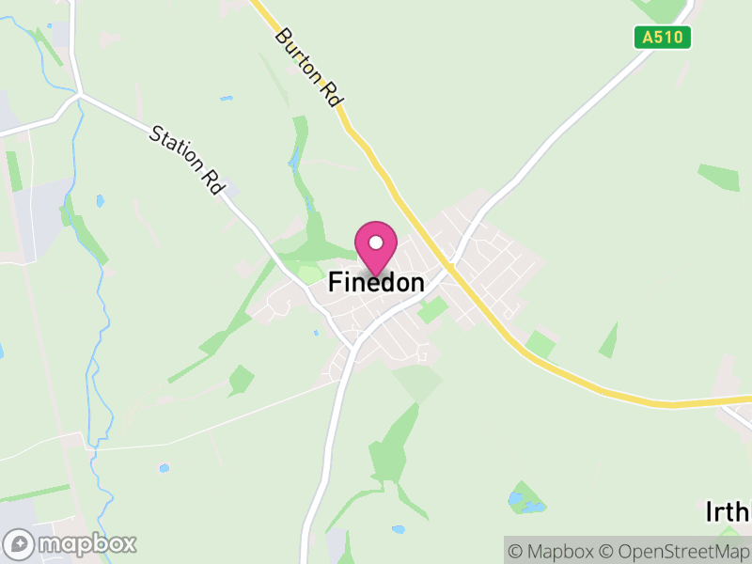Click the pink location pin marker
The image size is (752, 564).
pyautogui.click(x=376, y=247)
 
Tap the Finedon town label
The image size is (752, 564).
pyautogui.click(x=376, y=281)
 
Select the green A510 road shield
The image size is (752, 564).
pyautogui.click(x=662, y=38)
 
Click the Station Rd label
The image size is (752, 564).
pyautogui.click(x=187, y=161)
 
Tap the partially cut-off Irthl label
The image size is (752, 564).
pyautogui.click(x=728, y=512)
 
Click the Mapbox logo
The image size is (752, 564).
pyautogui.click(x=70, y=543)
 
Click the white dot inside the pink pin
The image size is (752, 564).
pyautogui.click(x=376, y=243)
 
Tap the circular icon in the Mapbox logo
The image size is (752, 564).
pyautogui.click(x=19, y=543)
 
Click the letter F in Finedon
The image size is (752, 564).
pyautogui.click(x=335, y=281)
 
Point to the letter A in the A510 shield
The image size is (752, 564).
pyautogui.click(x=648, y=38)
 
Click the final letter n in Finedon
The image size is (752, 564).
pyautogui.click(x=416, y=281)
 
